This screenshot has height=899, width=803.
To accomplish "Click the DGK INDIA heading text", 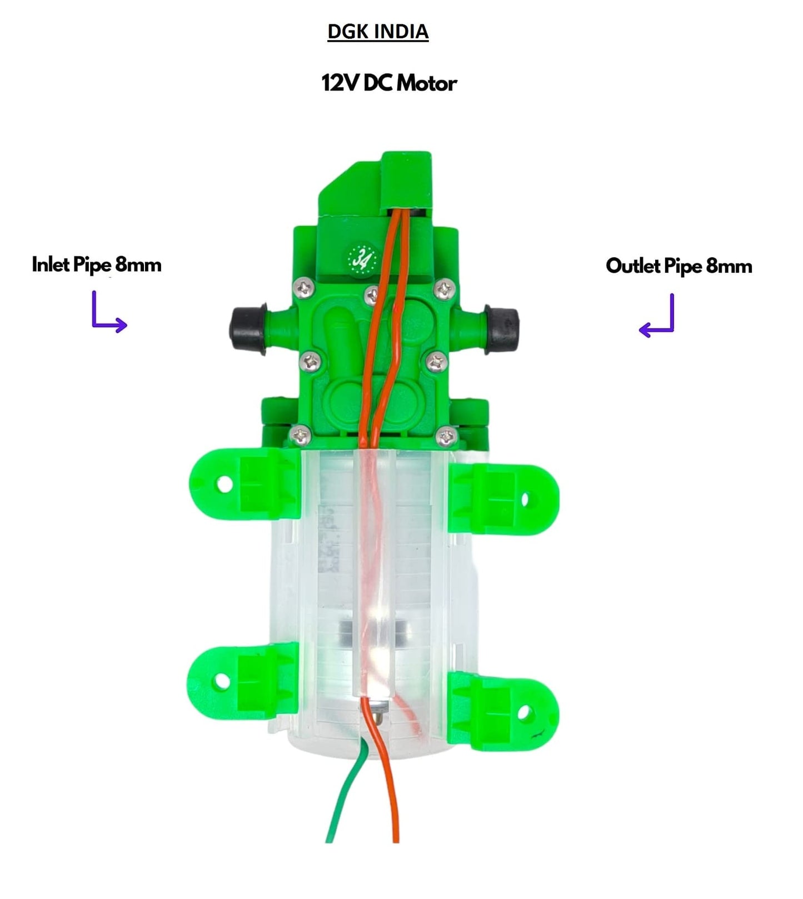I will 378,32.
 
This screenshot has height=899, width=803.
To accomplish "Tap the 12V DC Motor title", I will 389,83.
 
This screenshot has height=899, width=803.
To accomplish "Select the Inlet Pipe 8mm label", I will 97,264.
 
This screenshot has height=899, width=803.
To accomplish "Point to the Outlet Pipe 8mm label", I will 679,266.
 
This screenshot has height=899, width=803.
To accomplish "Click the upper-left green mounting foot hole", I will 225,484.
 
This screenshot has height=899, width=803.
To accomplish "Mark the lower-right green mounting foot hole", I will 525,712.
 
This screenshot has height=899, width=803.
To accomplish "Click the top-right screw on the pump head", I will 443,288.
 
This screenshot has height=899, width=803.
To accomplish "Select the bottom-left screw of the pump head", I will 300,434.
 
